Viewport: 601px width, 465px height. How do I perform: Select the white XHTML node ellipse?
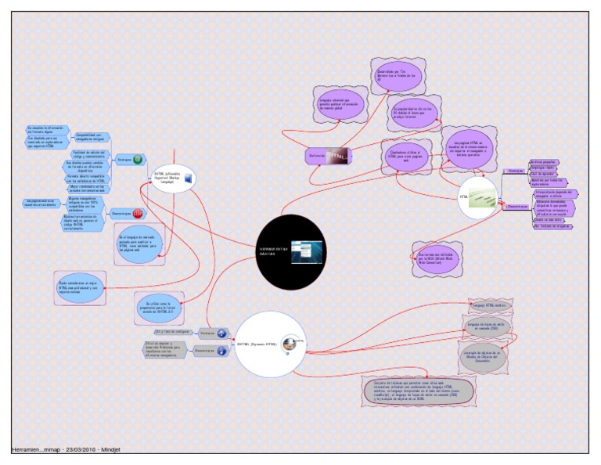coord(172,180)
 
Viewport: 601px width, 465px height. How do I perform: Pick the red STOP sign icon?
coord(138,213)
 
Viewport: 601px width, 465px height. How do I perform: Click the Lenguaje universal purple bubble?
coord(339,105)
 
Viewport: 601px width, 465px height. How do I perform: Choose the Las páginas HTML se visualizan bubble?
coord(470,146)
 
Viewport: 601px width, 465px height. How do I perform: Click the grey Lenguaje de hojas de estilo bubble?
coord(488,326)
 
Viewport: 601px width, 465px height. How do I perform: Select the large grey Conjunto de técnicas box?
coord(419,389)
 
